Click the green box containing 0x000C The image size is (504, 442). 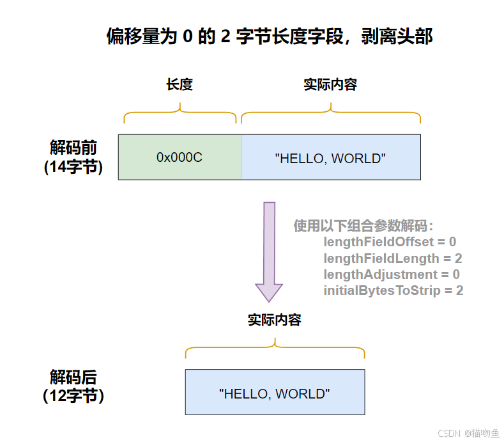pos(179,157)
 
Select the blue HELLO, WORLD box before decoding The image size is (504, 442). pos(331,157)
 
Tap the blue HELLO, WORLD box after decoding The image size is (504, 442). pos(275,391)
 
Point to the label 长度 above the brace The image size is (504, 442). pos(179,84)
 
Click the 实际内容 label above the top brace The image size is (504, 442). pos(330,84)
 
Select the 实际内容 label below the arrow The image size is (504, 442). pos(275,320)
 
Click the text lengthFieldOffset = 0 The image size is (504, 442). pos(390,242)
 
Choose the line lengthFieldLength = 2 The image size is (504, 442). pos(392,258)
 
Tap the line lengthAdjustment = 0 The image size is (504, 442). pos(392,274)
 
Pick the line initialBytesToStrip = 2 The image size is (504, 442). pos(393,290)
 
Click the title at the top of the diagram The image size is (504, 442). pos(270,36)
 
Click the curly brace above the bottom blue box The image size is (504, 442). pos(275,350)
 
